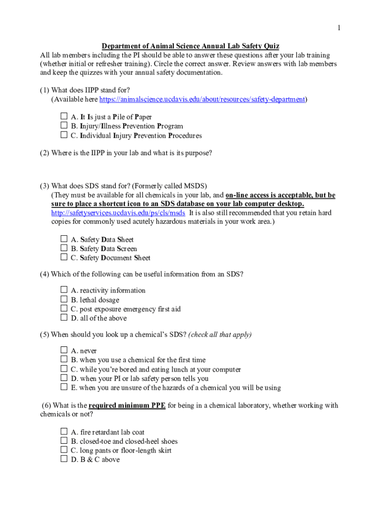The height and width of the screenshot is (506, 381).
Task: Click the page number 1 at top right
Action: coord(338,28)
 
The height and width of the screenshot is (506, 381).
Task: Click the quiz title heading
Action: coord(190,46)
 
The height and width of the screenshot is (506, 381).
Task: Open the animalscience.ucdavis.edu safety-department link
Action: coord(202,99)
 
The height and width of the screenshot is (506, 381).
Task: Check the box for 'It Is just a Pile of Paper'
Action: coord(64,117)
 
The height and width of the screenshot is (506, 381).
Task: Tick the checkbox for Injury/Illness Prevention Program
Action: coord(64,126)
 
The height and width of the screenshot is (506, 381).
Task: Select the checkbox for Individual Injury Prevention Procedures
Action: coord(64,135)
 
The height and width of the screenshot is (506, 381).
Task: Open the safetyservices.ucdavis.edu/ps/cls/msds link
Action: coord(118,212)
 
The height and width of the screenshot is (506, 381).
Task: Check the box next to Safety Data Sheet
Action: coord(64,239)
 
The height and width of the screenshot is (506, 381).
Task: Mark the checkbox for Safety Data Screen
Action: coord(64,248)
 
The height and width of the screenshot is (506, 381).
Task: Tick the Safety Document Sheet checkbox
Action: coord(64,257)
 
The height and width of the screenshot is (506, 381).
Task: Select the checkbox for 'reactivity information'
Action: coord(64,290)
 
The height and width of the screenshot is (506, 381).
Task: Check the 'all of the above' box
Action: coord(64,318)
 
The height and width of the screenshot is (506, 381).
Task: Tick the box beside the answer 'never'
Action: coord(64,350)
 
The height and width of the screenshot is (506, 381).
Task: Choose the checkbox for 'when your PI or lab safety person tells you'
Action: coord(64,378)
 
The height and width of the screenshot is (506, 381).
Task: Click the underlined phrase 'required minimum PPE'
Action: coord(127,406)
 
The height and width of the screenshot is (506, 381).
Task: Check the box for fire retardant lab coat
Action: coord(64,431)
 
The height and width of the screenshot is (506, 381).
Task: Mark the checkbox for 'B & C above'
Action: coord(64,459)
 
